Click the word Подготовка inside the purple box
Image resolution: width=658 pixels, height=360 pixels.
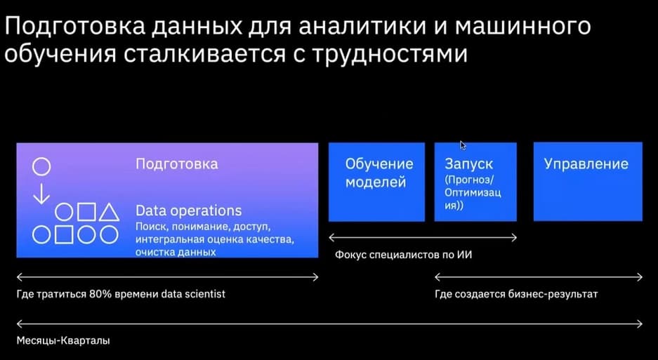[x=177, y=164]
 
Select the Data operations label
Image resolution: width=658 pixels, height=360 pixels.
[x=188, y=211]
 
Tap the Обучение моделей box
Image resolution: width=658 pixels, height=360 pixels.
[x=376, y=182]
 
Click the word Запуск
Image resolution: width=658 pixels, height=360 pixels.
[x=468, y=164]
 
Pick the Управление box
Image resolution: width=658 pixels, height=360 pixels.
[x=588, y=181]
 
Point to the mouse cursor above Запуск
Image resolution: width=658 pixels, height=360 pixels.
[x=463, y=145]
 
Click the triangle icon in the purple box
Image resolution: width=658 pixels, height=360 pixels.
[x=109, y=213]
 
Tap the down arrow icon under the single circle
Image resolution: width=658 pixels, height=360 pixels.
[x=41, y=194]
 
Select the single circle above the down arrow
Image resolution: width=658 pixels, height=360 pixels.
[x=41, y=166]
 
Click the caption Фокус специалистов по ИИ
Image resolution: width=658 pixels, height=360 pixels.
[x=403, y=254]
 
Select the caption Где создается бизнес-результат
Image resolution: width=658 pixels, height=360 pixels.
[x=516, y=294]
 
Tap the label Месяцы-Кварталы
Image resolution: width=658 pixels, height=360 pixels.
[x=63, y=340]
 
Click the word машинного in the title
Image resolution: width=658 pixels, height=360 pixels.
[x=523, y=27]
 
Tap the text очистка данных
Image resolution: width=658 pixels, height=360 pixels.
[x=176, y=252]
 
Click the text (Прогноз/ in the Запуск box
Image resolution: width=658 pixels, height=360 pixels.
[x=470, y=180]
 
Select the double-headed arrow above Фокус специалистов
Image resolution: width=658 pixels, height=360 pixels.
[x=423, y=238]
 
